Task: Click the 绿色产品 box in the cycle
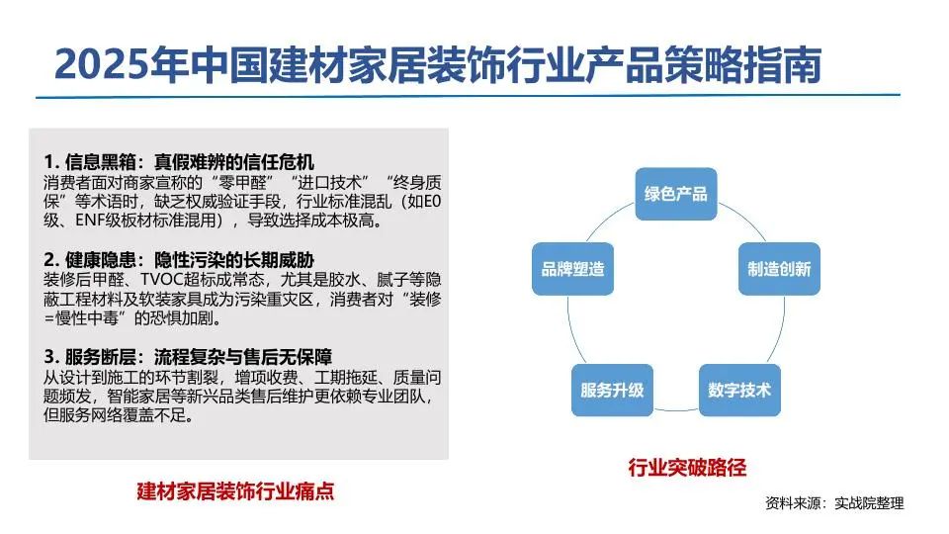(676, 194)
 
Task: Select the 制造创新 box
(779, 269)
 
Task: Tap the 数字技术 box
(739, 390)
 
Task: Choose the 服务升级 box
(612, 390)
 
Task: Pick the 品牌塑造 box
(572, 269)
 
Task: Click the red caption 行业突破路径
(687, 468)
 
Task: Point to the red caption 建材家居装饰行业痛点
(235, 490)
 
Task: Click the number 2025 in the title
(102, 64)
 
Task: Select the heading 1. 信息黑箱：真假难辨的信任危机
(179, 161)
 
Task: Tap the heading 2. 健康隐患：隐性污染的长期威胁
(179, 260)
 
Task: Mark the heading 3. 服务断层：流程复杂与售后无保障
(188, 357)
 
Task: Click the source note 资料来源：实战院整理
(834, 502)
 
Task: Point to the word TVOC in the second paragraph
(160, 280)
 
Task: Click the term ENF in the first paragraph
(90, 221)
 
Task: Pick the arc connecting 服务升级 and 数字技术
(676, 409)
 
